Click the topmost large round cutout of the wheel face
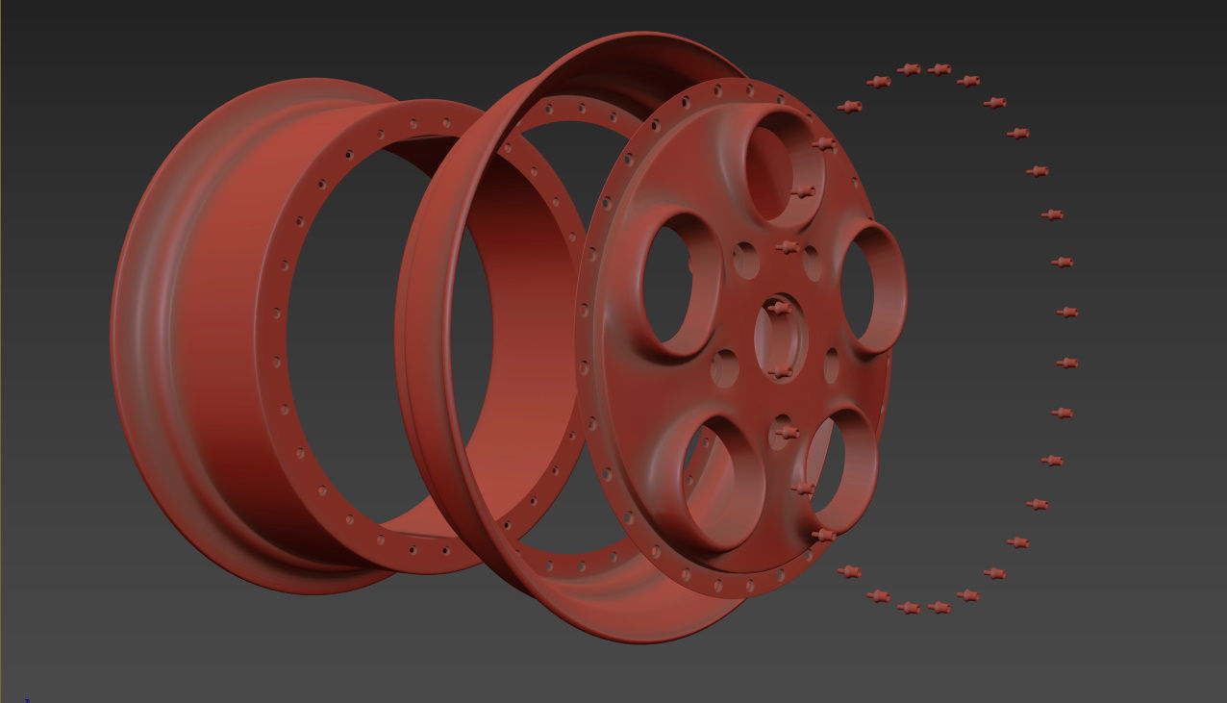coord(781,163)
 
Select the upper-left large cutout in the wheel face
coord(679,285)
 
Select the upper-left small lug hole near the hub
coord(744,259)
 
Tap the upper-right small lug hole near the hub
coord(813,263)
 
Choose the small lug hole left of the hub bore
coord(724,368)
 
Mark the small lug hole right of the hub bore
coord(832,365)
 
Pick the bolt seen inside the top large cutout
coord(801,193)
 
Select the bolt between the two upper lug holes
coord(787,248)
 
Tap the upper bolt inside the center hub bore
coord(780,308)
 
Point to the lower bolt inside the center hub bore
coord(780,371)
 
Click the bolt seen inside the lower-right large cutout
coord(804,489)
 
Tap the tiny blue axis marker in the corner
coord(27,699)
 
